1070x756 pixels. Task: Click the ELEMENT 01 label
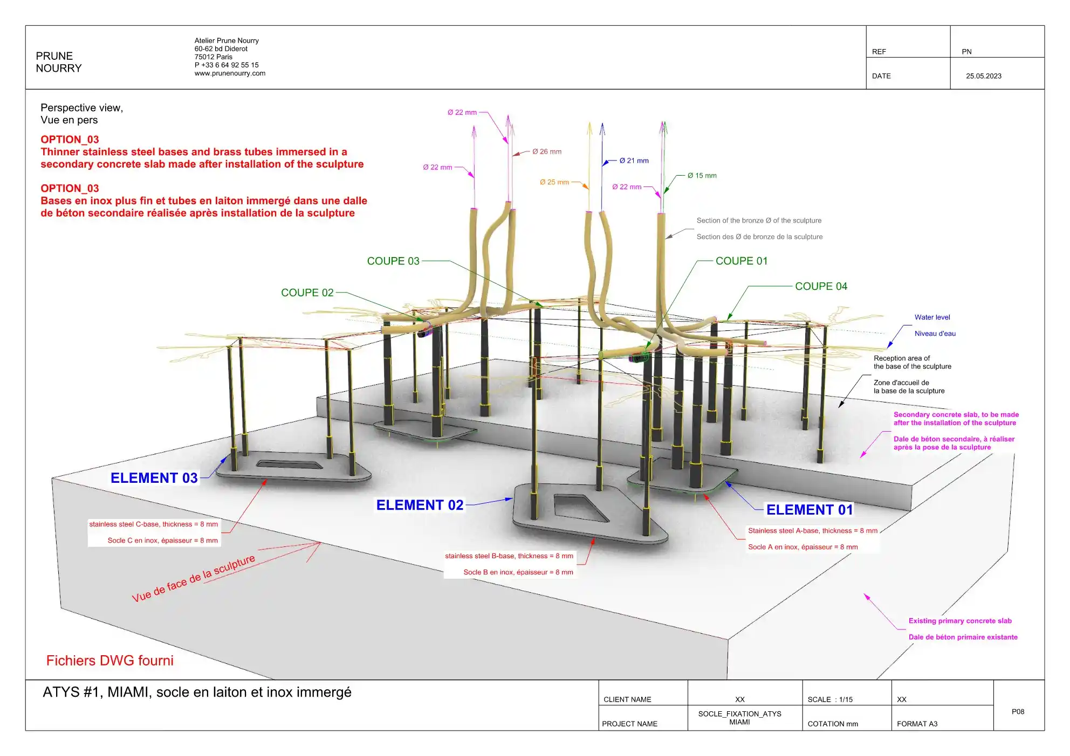click(x=810, y=510)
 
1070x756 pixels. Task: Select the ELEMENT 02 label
click(x=420, y=505)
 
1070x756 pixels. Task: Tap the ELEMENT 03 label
click(x=154, y=478)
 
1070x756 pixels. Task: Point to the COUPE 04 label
click(x=821, y=286)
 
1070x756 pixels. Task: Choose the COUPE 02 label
click(x=307, y=293)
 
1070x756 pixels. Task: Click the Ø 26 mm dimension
click(x=547, y=151)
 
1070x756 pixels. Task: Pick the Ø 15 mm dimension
click(x=702, y=176)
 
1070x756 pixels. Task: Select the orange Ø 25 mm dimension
click(x=554, y=182)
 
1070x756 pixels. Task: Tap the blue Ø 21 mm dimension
click(x=634, y=161)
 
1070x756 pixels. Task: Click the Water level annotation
click(x=932, y=317)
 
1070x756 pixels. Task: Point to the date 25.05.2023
click(x=984, y=76)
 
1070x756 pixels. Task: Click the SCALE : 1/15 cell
click(x=830, y=699)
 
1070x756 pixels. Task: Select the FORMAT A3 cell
click(x=917, y=724)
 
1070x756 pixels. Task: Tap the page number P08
click(x=1018, y=711)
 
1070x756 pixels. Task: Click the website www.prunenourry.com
click(x=230, y=73)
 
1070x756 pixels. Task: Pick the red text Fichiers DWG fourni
click(x=110, y=661)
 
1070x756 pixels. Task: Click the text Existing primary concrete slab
click(x=960, y=621)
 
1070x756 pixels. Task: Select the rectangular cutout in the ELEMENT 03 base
click(x=289, y=464)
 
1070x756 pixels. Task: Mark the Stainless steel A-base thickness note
click(x=813, y=531)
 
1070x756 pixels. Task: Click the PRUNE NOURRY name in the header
click(x=59, y=62)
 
